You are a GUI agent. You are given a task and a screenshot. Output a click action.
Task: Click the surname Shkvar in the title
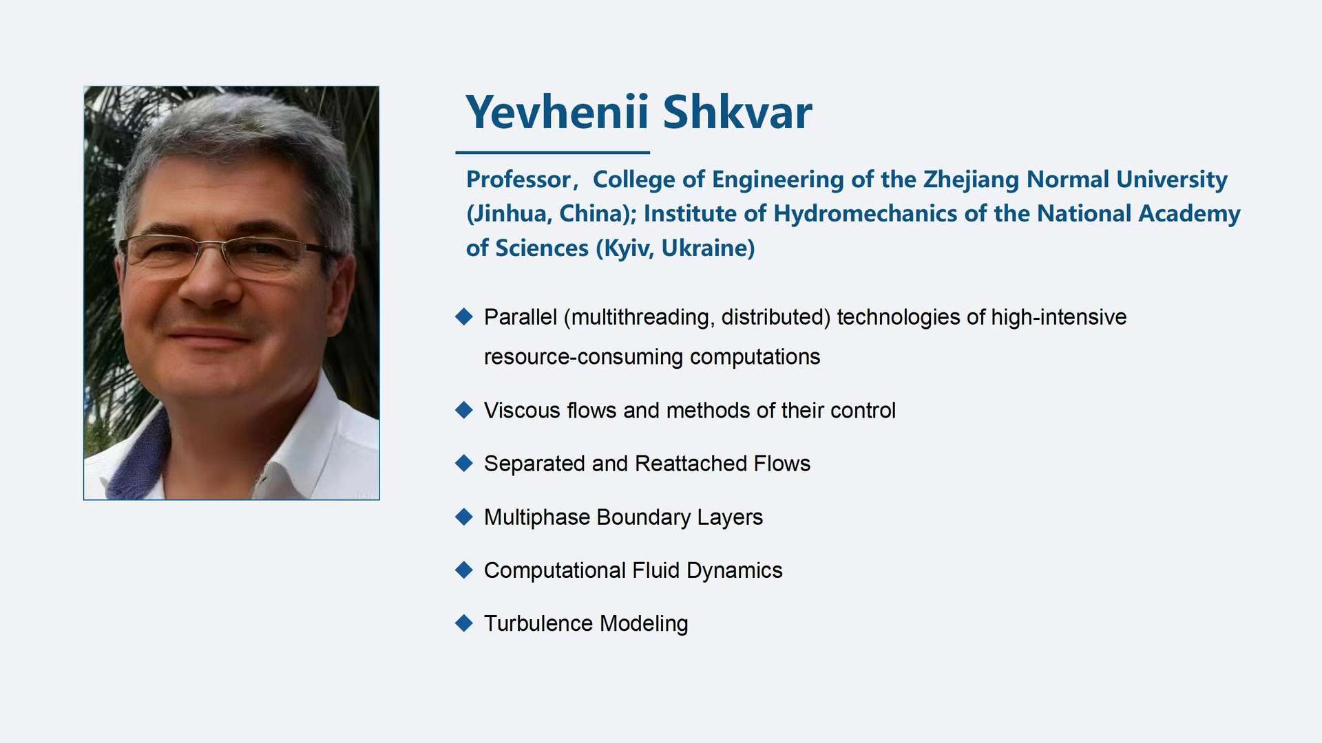[737, 111]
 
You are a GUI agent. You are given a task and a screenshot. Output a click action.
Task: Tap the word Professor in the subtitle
[518, 180]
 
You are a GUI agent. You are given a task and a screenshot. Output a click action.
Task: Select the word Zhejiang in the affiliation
[972, 180]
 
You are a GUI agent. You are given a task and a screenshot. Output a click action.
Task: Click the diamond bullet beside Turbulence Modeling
[464, 623]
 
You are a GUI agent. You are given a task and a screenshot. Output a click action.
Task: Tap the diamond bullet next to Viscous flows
[464, 410]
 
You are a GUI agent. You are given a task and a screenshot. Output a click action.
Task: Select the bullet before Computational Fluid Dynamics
[464, 570]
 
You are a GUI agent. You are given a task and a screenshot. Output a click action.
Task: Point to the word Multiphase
[538, 517]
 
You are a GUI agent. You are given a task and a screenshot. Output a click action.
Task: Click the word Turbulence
[538, 623]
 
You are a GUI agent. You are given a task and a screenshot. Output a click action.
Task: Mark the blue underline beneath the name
[552, 152]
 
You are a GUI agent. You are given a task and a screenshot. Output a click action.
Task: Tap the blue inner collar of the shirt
[138, 457]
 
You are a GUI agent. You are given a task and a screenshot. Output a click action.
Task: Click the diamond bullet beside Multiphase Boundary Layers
[464, 517]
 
